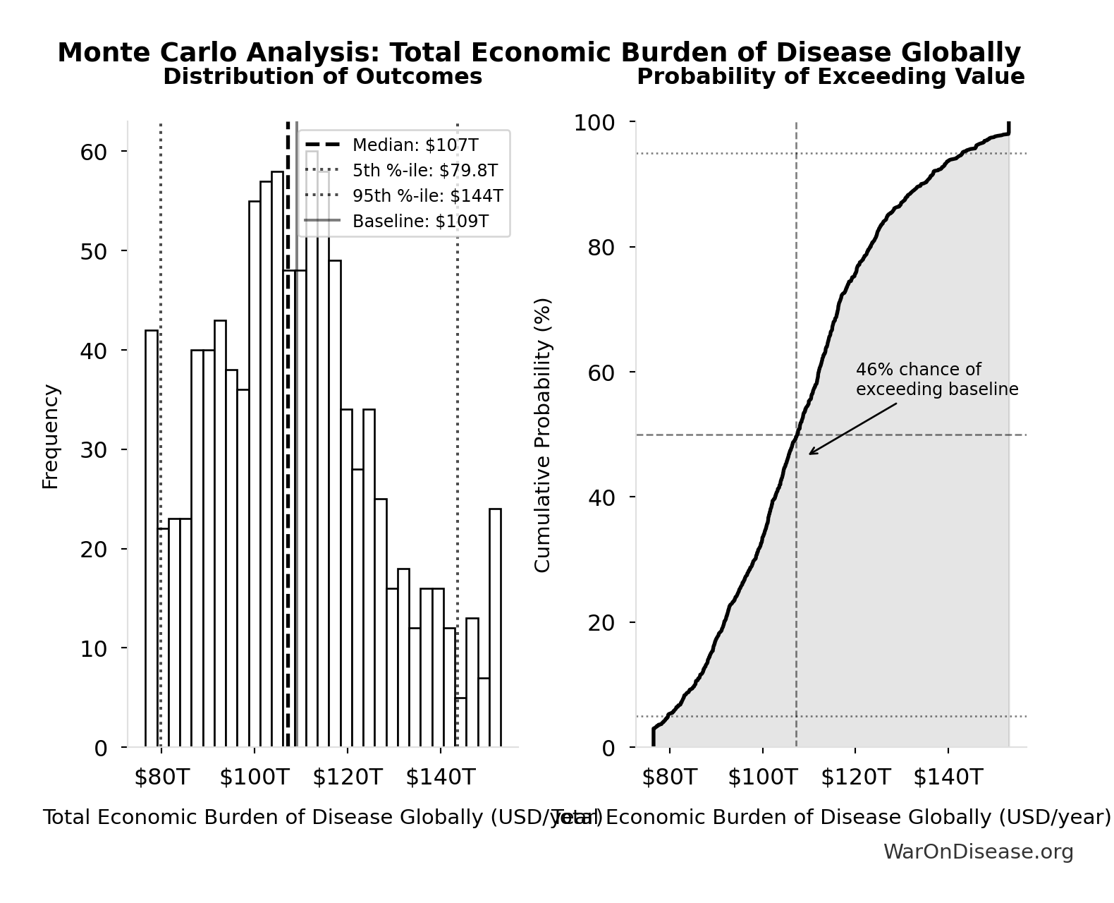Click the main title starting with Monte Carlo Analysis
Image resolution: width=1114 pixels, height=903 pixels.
tap(539, 53)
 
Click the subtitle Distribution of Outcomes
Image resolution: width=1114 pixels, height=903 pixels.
tap(322, 76)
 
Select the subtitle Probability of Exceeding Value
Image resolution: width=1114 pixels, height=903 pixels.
tap(831, 76)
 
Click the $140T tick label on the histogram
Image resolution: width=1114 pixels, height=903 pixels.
tap(440, 777)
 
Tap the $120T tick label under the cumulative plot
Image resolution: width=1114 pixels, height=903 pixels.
tap(855, 777)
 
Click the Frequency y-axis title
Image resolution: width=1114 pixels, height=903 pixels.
tap(51, 436)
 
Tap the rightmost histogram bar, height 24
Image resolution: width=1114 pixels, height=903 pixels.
tap(495, 628)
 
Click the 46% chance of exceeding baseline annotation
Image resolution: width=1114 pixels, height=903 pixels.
tap(936, 380)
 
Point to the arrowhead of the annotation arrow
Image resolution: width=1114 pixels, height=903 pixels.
tap(811, 453)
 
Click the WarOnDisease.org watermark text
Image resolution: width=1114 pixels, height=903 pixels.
tap(978, 852)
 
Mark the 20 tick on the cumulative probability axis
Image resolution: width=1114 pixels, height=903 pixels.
tap(601, 623)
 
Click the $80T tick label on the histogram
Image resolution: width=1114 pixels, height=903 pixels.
tap(161, 777)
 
